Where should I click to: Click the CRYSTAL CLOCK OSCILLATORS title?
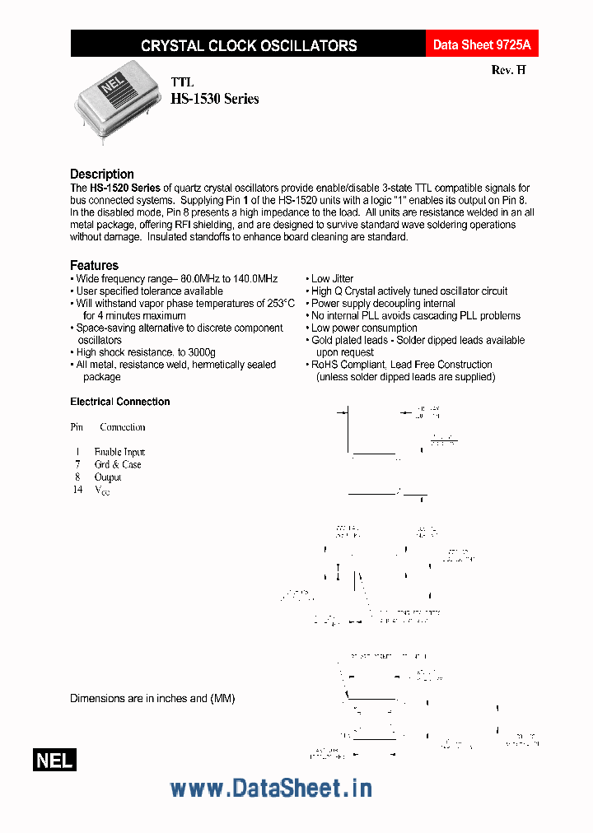pyautogui.click(x=249, y=46)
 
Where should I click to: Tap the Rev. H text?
pyautogui.click(x=508, y=71)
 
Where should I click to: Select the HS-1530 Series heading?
pyautogui.click(x=214, y=99)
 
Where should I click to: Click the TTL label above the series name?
pyautogui.click(x=182, y=83)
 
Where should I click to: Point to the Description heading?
pyautogui.click(x=101, y=174)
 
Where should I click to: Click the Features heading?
pyautogui.click(x=94, y=265)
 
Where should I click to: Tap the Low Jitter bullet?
pyautogui.click(x=332, y=279)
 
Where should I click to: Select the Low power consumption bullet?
pyautogui.click(x=363, y=328)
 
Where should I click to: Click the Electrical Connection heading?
pyautogui.click(x=119, y=402)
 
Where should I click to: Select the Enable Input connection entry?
pyautogui.click(x=119, y=452)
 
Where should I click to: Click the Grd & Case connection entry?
pyautogui.click(x=118, y=464)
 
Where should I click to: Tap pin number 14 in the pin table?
pyautogui.click(x=77, y=490)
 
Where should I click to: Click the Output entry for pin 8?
pyautogui.click(x=108, y=477)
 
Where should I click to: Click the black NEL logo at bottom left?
pyautogui.click(x=54, y=761)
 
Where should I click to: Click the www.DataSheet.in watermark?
pyautogui.click(x=271, y=788)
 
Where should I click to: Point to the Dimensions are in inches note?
pyautogui.click(x=152, y=698)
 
